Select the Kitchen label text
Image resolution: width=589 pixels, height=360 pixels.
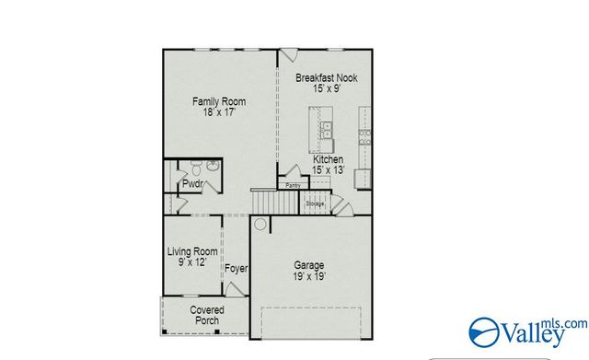point(328,159)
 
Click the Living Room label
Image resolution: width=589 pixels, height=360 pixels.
point(191,250)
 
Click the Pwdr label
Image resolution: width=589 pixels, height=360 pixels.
point(192,183)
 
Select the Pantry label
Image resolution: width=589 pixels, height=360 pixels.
point(293,185)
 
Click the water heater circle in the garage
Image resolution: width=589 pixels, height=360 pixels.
point(261,224)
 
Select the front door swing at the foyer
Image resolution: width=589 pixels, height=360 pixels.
point(236,289)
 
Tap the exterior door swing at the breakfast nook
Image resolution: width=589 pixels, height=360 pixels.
point(288,54)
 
